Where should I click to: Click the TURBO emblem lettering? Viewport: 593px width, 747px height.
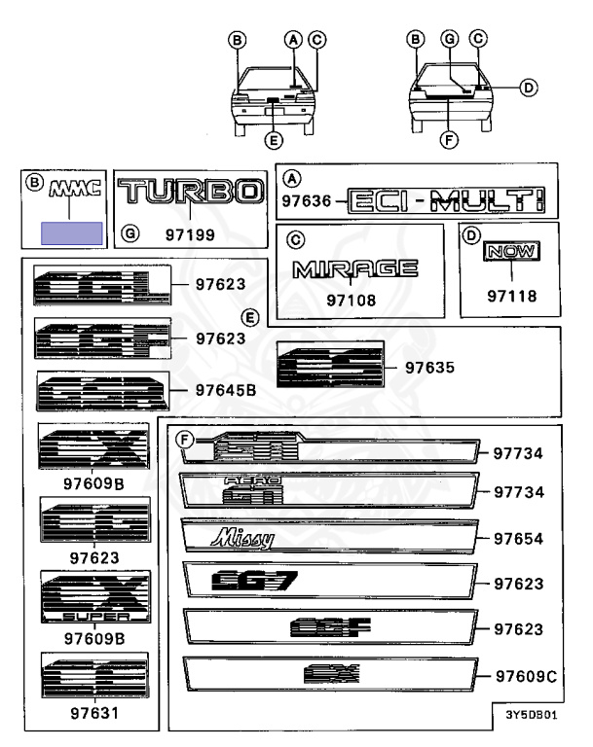190,194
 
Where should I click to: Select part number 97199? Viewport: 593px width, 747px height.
190,235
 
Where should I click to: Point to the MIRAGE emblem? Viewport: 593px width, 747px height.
355,268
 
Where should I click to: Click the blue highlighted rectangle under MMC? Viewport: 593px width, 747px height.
70,232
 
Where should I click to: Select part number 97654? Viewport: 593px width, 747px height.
517,538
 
